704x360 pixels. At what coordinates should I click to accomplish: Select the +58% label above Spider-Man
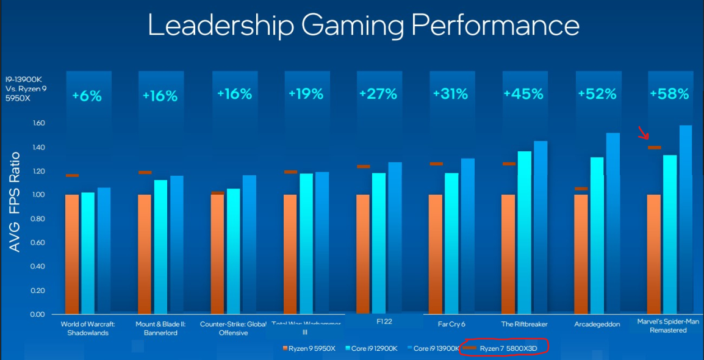pyautogui.click(x=669, y=94)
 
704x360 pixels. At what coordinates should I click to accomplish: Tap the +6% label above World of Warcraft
pyautogui.click(x=87, y=96)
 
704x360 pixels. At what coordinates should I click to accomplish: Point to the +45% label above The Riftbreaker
pyautogui.click(x=524, y=94)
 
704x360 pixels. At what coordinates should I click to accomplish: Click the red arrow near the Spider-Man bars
pyautogui.click(x=643, y=132)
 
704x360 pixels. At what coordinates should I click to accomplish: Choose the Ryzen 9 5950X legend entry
pyautogui.click(x=309, y=348)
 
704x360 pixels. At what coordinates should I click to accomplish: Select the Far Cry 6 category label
pyautogui.click(x=453, y=324)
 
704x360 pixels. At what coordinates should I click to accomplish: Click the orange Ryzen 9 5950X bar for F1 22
pyautogui.click(x=363, y=254)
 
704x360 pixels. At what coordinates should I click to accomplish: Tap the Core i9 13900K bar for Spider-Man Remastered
pyautogui.click(x=685, y=220)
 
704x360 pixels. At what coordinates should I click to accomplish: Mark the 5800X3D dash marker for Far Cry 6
pyautogui.click(x=436, y=164)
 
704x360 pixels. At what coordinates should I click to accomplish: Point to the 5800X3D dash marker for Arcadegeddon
pyautogui.click(x=581, y=189)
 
